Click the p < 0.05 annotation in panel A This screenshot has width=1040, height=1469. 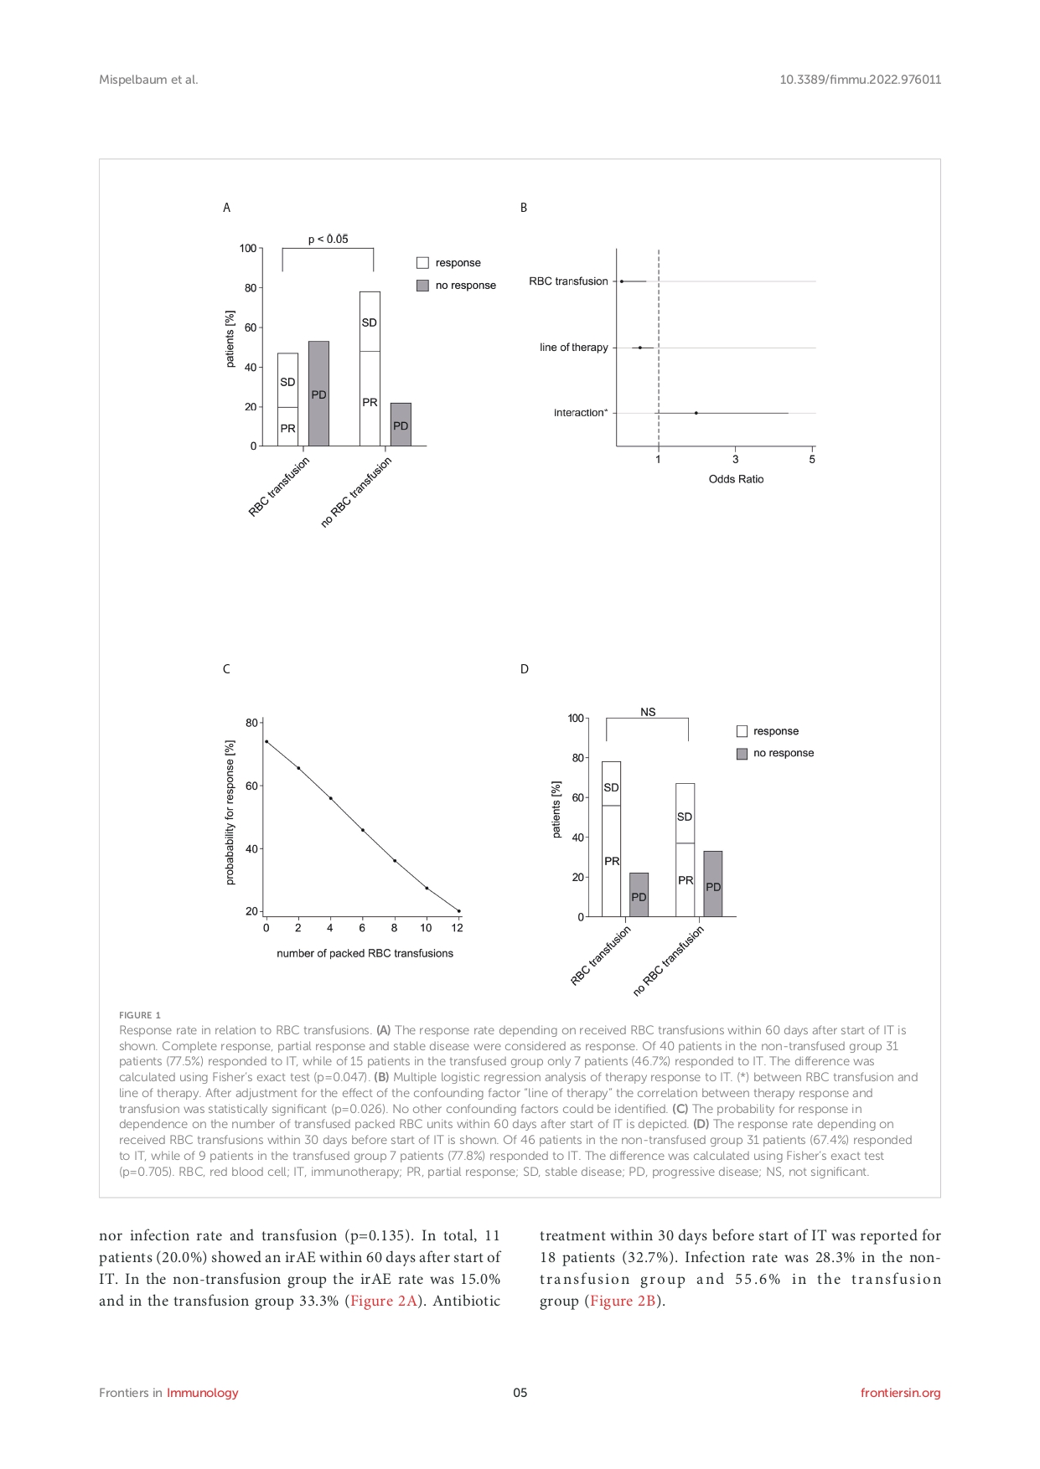(x=328, y=240)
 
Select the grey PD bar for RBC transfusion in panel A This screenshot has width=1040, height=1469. (x=318, y=393)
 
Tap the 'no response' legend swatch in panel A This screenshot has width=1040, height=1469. (x=422, y=286)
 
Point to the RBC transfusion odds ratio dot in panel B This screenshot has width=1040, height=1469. (x=622, y=281)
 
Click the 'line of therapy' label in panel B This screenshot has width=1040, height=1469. (x=573, y=348)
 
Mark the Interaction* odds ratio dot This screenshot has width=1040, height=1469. (x=696, y=413)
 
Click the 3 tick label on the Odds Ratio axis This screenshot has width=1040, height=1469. (x=736, y=460)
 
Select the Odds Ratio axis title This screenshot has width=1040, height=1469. (x=736, y=479)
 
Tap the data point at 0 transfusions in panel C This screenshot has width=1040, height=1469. (x=266, y=741)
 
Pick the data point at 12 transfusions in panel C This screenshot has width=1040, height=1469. (x=458, y=910)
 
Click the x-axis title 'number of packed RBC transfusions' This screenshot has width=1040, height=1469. (x=365, y=953)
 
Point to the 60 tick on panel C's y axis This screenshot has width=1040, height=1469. (x=251, y=786)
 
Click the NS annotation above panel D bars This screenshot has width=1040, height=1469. (x=648, y=712)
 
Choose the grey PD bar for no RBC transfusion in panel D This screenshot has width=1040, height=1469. (x=712, y=884)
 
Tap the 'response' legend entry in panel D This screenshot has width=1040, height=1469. (x=775, y=731)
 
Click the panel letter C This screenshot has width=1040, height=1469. (x=226, y=669)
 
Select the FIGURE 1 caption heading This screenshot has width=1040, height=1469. (x=140, y=1015)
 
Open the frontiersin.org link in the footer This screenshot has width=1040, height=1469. (x=900, y=1393)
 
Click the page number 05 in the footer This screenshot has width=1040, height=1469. (x=520, y=1393)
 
